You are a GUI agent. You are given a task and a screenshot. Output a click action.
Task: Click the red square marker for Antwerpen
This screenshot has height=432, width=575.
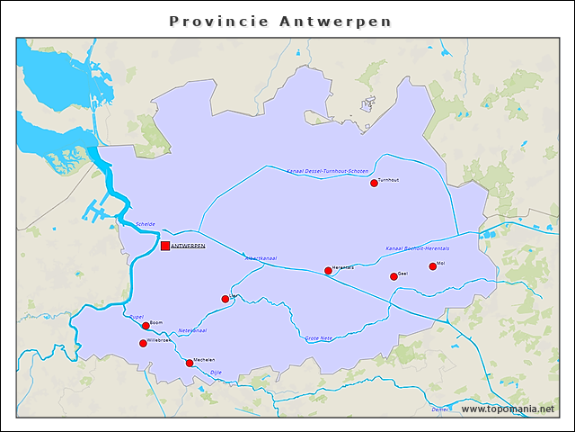(x=165, y=246)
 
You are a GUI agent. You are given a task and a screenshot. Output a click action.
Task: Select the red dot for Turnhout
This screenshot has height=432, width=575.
(x=374, y=183)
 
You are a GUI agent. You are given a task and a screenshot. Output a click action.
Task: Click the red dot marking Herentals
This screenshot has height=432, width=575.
(x=328, y=270)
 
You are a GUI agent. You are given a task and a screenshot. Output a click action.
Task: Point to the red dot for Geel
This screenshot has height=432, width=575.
(x=394, y=276)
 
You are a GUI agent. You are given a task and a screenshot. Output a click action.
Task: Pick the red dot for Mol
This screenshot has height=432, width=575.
(x=432, y=265)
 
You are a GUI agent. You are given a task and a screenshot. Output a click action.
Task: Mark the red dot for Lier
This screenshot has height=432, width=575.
(x=226, y=299)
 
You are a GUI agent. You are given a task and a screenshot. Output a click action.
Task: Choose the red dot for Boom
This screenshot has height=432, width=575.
(x=146, y=326)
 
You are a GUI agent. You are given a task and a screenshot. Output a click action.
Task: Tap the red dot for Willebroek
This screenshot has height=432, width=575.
(x=143, y=343)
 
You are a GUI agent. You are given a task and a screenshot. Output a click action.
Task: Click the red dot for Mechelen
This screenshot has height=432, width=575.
(x=189, y=363)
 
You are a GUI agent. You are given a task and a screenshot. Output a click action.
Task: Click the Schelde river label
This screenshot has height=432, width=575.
(x=146, y=224)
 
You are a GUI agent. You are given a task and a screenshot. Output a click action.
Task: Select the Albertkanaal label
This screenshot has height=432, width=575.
(x=261, y=258)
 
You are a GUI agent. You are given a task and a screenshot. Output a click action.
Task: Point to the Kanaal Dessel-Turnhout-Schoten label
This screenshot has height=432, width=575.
(x=327, y=171)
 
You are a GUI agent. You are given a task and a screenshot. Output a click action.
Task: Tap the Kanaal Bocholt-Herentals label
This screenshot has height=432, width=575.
(x=417, y=247)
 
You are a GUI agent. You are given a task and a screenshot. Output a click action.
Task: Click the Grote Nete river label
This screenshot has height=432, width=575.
(x=319, y=338)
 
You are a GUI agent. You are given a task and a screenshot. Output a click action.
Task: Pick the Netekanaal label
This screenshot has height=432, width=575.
(x=192, y=330)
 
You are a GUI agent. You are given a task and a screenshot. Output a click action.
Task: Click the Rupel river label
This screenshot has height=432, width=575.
(x=137, y=317)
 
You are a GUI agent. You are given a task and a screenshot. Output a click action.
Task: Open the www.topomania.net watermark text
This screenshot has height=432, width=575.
(x=508, y=409)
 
